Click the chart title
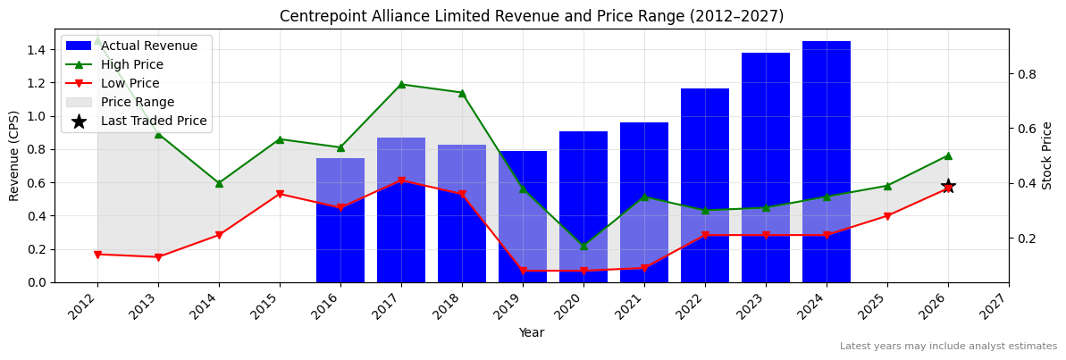[532, 16]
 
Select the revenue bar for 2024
[827, 161]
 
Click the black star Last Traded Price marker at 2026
[948, 186]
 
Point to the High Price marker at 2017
[401, 84]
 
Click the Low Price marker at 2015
[280, 194]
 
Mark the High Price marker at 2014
[219, 183]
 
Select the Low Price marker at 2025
[887, 216]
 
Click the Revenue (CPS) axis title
[14, 155]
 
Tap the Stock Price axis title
[1047, 155]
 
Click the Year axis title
[532, 332]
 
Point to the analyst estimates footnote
[948, 347]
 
